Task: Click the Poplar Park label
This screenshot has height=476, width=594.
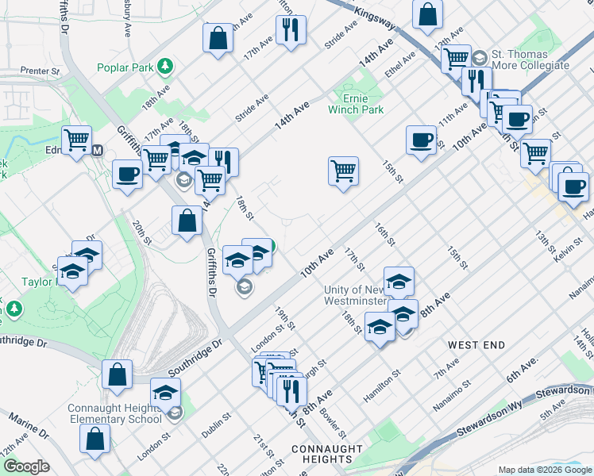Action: (x=125, y=67)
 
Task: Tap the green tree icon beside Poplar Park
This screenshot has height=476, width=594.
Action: (x=164, y=65)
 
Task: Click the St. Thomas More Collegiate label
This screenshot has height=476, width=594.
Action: (x=530, y=59)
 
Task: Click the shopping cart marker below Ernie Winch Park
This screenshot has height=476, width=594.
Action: (x=343, y=170)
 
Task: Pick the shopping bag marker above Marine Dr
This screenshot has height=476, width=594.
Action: (x=95, y=438)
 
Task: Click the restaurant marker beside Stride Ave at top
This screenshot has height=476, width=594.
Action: (x=291, y=30)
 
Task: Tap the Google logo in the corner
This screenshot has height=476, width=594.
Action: (x=26, y=467)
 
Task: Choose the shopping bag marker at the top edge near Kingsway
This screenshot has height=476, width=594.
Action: (x=427, y=13)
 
